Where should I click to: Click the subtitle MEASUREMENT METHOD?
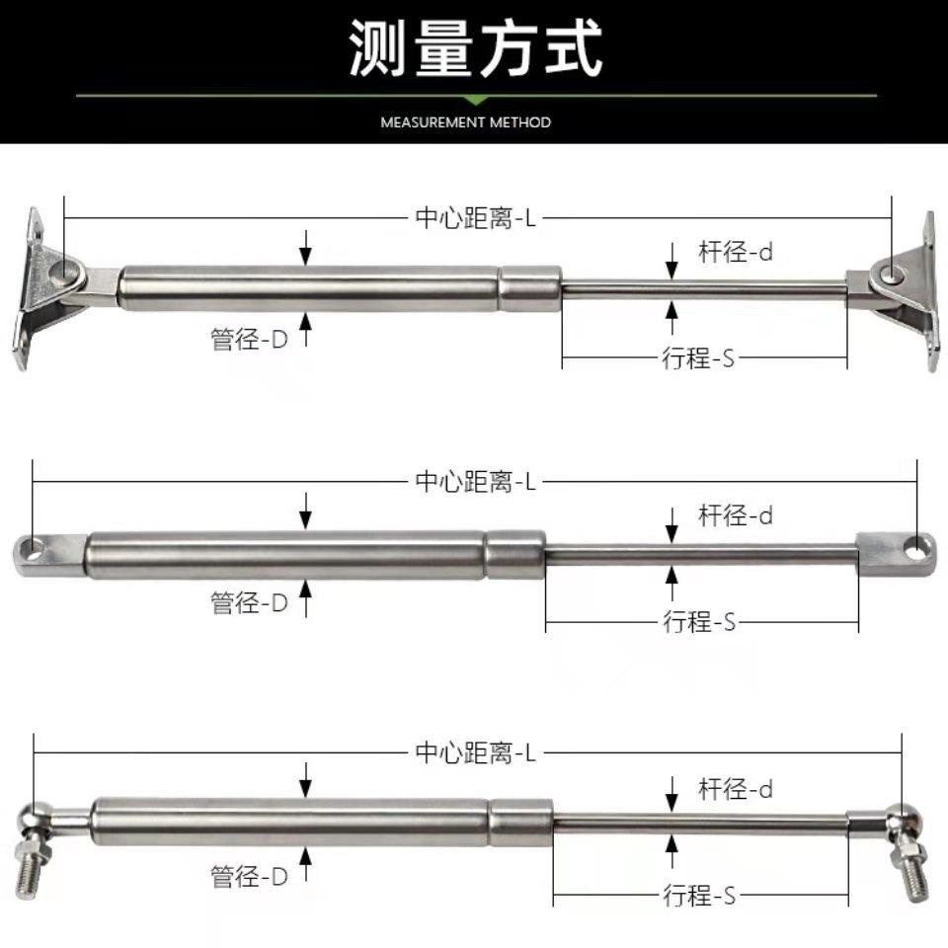click(465, 122)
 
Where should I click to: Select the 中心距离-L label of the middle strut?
click(475, 482)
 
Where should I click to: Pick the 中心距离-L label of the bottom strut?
click(475, 753)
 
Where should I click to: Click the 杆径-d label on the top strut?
click(736, 252)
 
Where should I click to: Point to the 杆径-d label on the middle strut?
click(736, 514)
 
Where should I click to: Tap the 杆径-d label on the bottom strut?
click(736, 789)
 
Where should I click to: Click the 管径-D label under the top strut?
click(249, 340)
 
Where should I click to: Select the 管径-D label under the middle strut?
click(249, 602)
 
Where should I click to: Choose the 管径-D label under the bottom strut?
click(249, 876)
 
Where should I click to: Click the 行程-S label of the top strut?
click(698, 358)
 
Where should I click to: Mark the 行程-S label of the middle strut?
click(698, 622)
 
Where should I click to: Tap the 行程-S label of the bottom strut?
click(698, 896)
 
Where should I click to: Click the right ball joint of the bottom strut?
click(901, 820)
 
